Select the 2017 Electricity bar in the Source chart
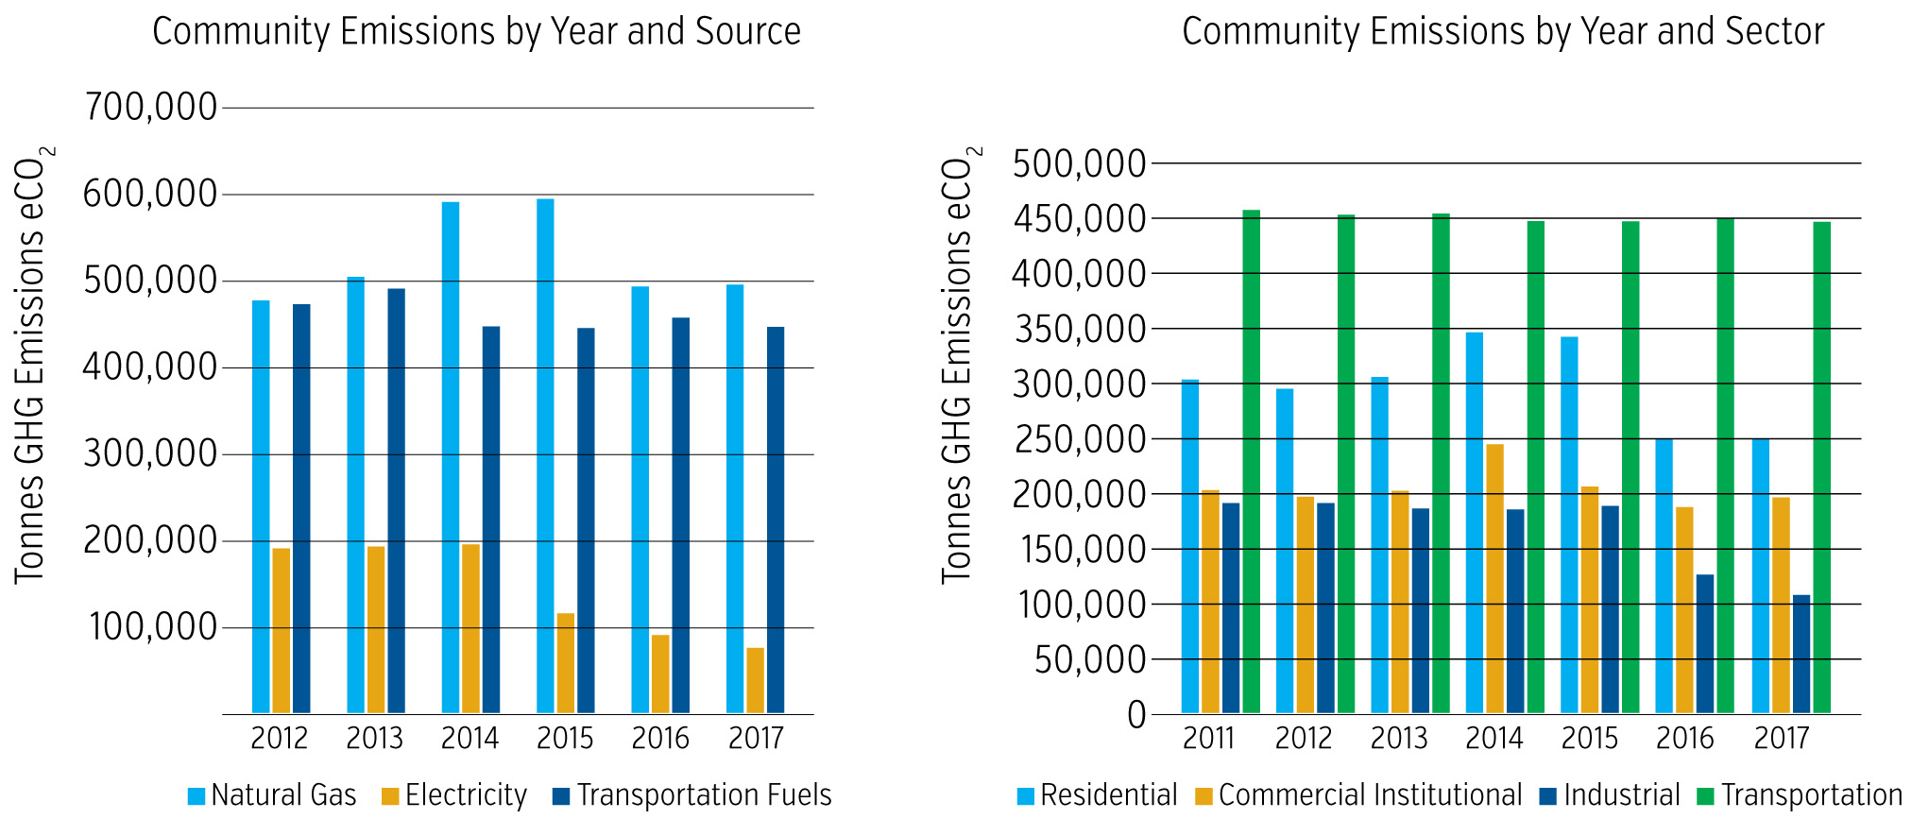755,680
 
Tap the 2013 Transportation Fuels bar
396,501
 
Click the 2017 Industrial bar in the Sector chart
1801,654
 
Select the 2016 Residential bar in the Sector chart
1664,575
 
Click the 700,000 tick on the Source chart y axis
151,108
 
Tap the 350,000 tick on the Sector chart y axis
1079,329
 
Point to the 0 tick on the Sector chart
1135,715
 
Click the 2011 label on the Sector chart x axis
1208,738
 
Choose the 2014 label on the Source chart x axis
469,738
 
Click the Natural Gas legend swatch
196,796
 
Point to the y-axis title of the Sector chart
958,364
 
